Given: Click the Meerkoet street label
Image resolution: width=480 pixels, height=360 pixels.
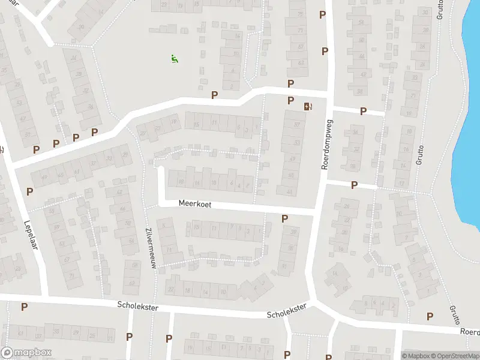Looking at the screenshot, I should pos(195,205).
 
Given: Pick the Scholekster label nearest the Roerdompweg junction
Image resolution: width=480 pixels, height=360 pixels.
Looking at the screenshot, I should pos(287,311).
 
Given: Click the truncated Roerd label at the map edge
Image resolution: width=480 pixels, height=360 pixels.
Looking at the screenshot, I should pos(469,331).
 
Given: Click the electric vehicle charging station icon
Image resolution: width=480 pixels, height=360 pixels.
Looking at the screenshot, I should pos(308,107).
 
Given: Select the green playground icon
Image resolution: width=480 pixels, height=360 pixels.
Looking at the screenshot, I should pos(174,58).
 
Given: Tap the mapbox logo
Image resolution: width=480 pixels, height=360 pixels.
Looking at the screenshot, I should pos(26,353).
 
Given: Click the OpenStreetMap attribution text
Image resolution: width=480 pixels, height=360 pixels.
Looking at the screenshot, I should pos(455,356).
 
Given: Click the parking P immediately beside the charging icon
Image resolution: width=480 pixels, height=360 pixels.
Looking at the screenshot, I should pos(291,100).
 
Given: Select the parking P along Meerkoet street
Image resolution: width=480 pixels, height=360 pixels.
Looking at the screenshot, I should pos(284,219).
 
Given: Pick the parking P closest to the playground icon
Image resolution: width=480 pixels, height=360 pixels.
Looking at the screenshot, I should pos(214,95).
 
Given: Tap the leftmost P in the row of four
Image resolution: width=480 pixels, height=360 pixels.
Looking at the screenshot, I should pos(37,149).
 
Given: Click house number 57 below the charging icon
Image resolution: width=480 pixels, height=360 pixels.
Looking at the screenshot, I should pos(297,124).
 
